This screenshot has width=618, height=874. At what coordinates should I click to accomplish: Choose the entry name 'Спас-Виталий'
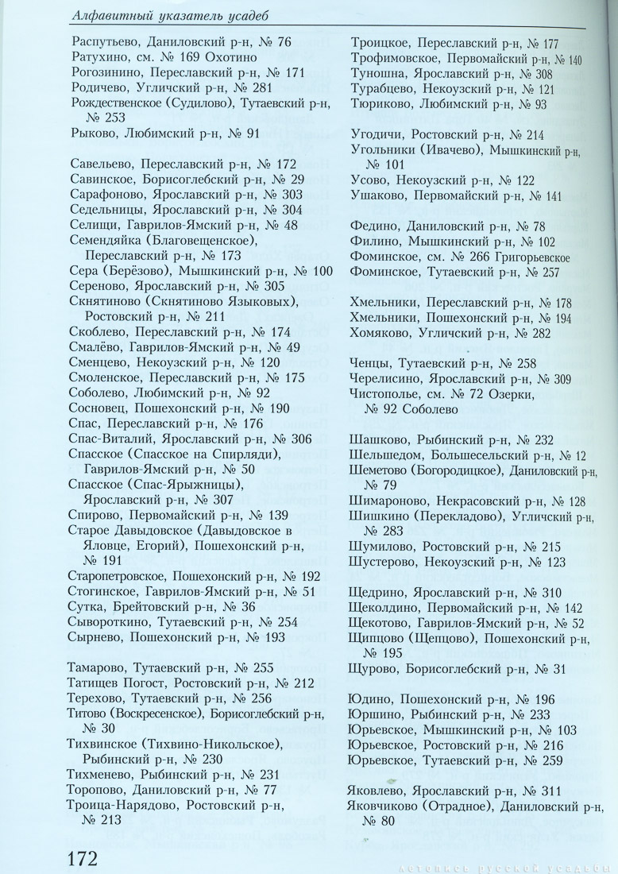point(111,439)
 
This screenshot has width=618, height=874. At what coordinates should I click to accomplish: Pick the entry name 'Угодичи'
point(376,135)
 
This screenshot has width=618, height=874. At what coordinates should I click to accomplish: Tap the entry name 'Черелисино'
point(383,379)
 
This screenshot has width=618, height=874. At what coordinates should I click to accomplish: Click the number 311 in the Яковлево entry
point(548,791)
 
